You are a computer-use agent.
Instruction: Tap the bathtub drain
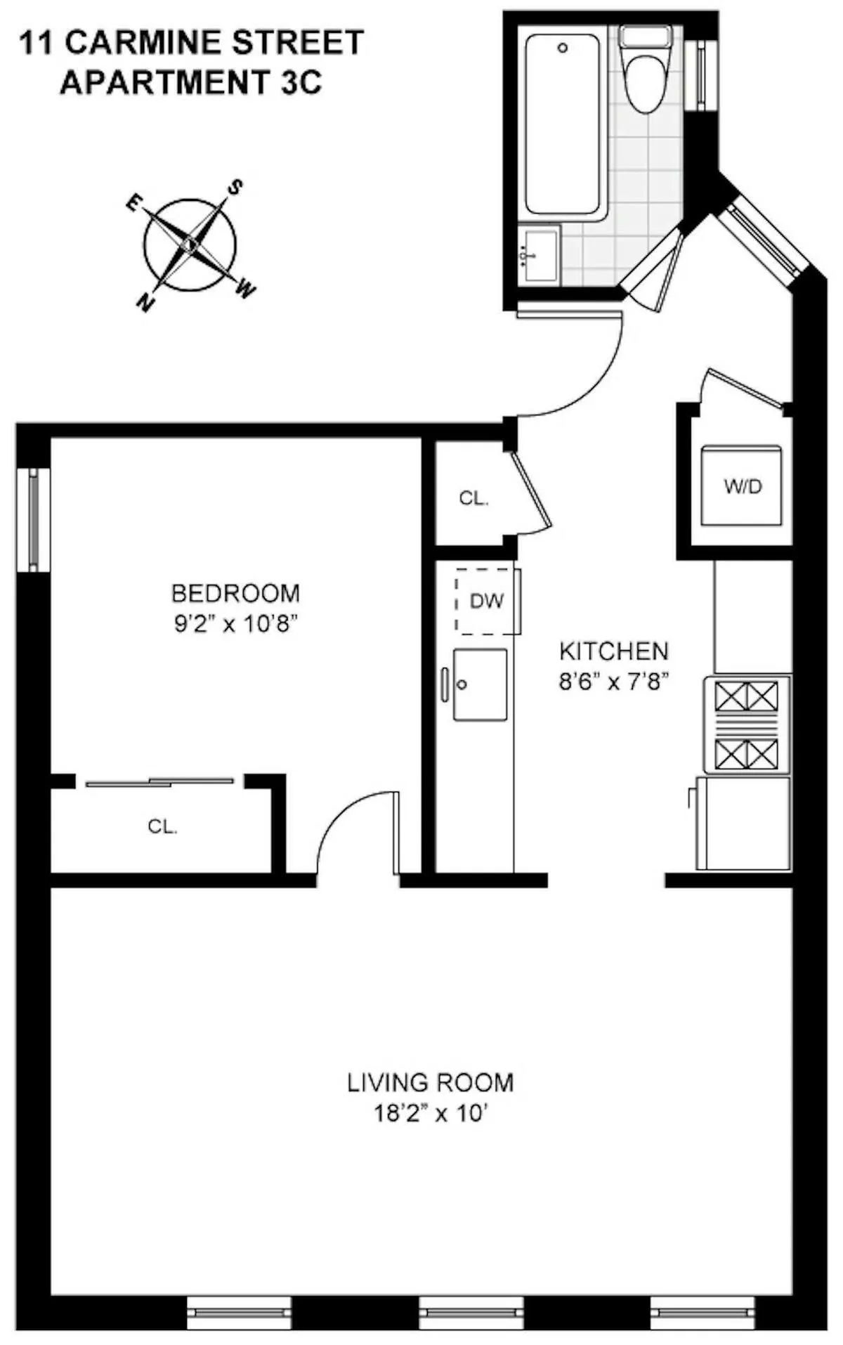[562, 48]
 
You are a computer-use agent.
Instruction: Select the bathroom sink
[537, 256]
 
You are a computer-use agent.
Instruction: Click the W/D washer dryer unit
[742, 486]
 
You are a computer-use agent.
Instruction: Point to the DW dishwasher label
[486, 602]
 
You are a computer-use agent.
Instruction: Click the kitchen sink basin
[480, 684]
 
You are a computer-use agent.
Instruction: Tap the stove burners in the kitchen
[746, 725]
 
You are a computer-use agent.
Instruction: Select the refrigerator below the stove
[743, 822]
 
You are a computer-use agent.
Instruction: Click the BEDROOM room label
[236, 594]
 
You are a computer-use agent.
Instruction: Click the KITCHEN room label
[613, 651]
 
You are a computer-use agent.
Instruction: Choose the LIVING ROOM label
[431, 1082]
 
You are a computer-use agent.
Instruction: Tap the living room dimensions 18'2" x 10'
[431, 1114]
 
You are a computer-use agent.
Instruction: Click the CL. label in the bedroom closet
[162, 827]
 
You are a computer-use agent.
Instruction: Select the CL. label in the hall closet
[473, 498]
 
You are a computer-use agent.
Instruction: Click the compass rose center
[190, 245]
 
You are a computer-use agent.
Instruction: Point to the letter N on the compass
[145, 303]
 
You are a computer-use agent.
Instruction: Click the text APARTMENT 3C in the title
[190, 83]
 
